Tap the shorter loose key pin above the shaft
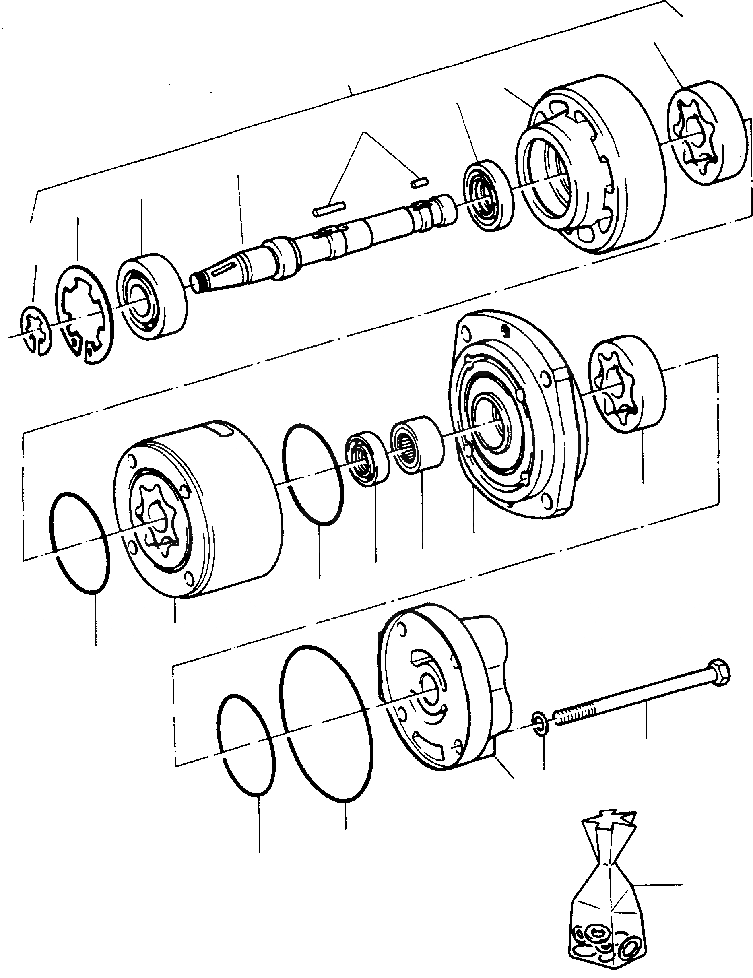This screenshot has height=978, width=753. (x=419, y=182)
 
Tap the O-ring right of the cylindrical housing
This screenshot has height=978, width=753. (x=314, y=475)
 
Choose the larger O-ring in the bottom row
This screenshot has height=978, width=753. (x=326, y=721)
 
